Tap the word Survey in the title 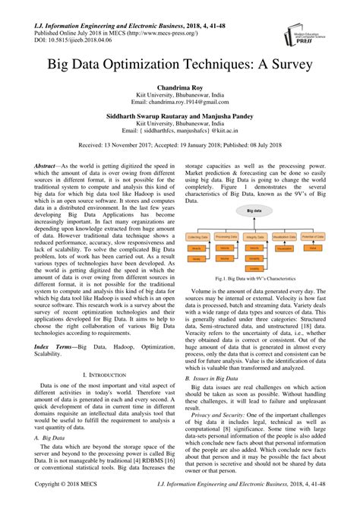point(286,66)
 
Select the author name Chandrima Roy point(179,88)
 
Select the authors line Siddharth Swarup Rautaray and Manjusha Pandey point(179,121)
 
